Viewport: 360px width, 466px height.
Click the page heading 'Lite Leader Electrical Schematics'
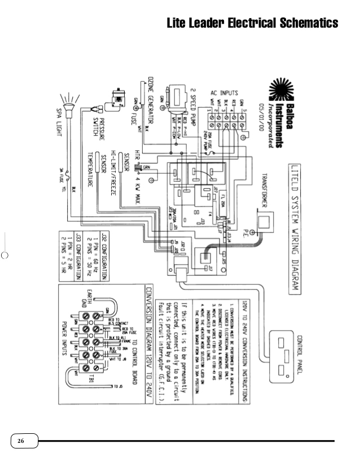pyautogui.click(x=252, y=23)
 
